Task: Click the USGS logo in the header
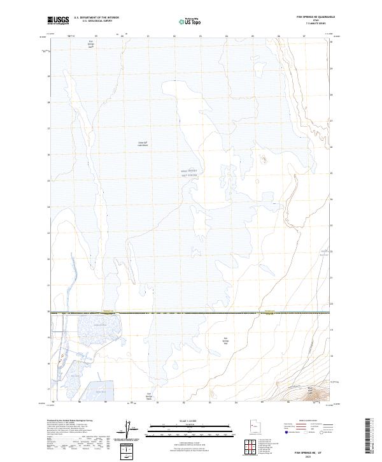tap(59, 20)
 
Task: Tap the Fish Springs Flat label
tap(225, 341)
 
